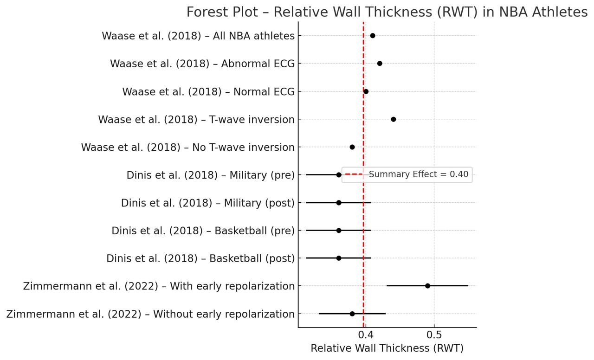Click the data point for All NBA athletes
coord(373,36)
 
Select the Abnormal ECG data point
coord(380,64)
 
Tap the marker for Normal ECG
coord(366,91)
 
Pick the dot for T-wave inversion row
coord(394,119)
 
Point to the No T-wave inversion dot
coord(352,147)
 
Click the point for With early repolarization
coord(427,286)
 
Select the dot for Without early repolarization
coord(352,314)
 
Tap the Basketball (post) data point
coord(339,258)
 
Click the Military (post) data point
coord(339,203)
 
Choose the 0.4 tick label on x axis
coord(366,335)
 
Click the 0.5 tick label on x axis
coord(434,335)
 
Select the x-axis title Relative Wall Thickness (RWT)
coord(387,348)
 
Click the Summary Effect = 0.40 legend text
coord(419,174)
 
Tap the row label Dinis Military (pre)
coord(211,175)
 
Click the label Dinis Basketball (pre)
coord(203,231)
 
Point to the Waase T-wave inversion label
coord(196,120)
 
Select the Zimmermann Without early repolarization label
coord(150,314)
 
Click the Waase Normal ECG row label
coord(208,92)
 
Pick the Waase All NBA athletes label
coord(198,36)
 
